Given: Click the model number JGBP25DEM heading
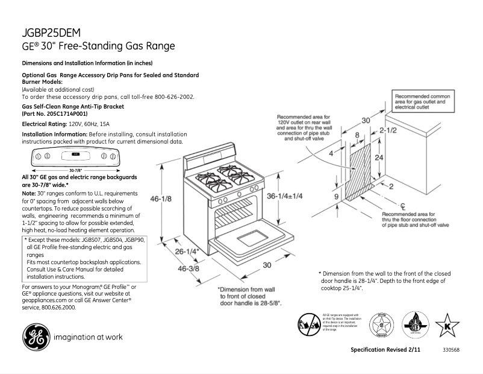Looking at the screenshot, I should tap(52, 33).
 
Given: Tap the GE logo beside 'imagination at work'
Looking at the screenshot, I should tap(36, 337).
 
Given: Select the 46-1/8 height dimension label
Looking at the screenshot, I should tap(171, 198).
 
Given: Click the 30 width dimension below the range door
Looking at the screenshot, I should tap(266, 265).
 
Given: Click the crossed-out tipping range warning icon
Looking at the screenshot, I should tap(308, 325).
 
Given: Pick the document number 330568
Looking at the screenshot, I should tap(451, 350).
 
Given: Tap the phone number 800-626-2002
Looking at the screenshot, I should tap(173, 97).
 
